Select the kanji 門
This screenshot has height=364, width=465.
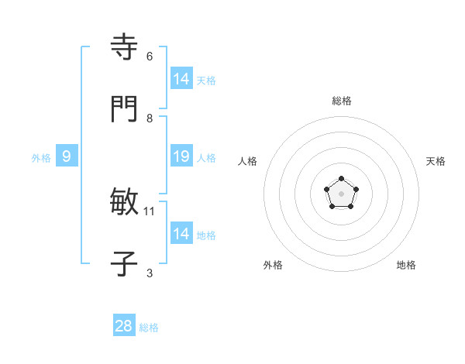tap(124, 108)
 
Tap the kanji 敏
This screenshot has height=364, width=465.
tap(124, 202)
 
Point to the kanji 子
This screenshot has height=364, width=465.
tap(124, 264)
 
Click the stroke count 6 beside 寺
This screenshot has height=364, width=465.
tap(150, 57)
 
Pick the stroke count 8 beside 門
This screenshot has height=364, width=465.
tap(150, 118)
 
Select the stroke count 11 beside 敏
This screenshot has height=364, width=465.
tap(150, 211)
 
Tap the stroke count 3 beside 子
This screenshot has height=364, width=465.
tap(150, 273)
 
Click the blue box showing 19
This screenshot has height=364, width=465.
tap(181, 156)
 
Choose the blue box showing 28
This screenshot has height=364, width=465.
tap(124, 326)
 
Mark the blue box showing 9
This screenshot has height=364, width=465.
tap(67, 156)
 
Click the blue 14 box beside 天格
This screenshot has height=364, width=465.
tap(181, 78)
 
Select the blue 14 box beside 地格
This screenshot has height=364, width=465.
tap(181, 233)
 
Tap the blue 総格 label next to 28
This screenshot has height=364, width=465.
tap(149, 328)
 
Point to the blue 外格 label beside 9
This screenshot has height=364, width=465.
tap(41, 158)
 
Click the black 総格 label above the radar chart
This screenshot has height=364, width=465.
tap(341, 101)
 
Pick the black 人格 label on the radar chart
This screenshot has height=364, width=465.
tap(248, 161)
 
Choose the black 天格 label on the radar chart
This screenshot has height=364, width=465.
tap(436, 161)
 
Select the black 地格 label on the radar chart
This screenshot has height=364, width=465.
tap(406, 265)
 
